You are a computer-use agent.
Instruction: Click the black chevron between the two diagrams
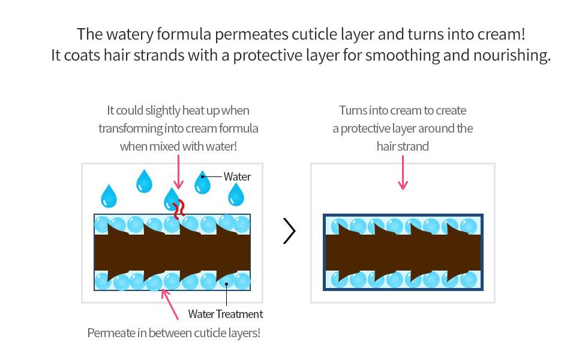tap(290, 232)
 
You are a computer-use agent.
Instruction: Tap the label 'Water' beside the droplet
tap(237, 176)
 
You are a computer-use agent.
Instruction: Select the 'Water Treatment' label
tap(226, 314)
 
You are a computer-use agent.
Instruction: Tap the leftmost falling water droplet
tap(109, 195)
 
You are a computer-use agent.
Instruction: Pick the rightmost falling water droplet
tap(236, 194)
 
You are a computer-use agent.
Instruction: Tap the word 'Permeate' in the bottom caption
tap(110, 332)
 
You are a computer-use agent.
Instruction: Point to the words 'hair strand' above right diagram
tap(403, 146)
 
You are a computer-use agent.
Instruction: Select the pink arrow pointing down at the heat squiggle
tap(178, 172)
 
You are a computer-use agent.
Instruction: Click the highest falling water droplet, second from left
tap(144, 181)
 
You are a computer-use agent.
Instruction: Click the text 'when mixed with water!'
tap(178, 146)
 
